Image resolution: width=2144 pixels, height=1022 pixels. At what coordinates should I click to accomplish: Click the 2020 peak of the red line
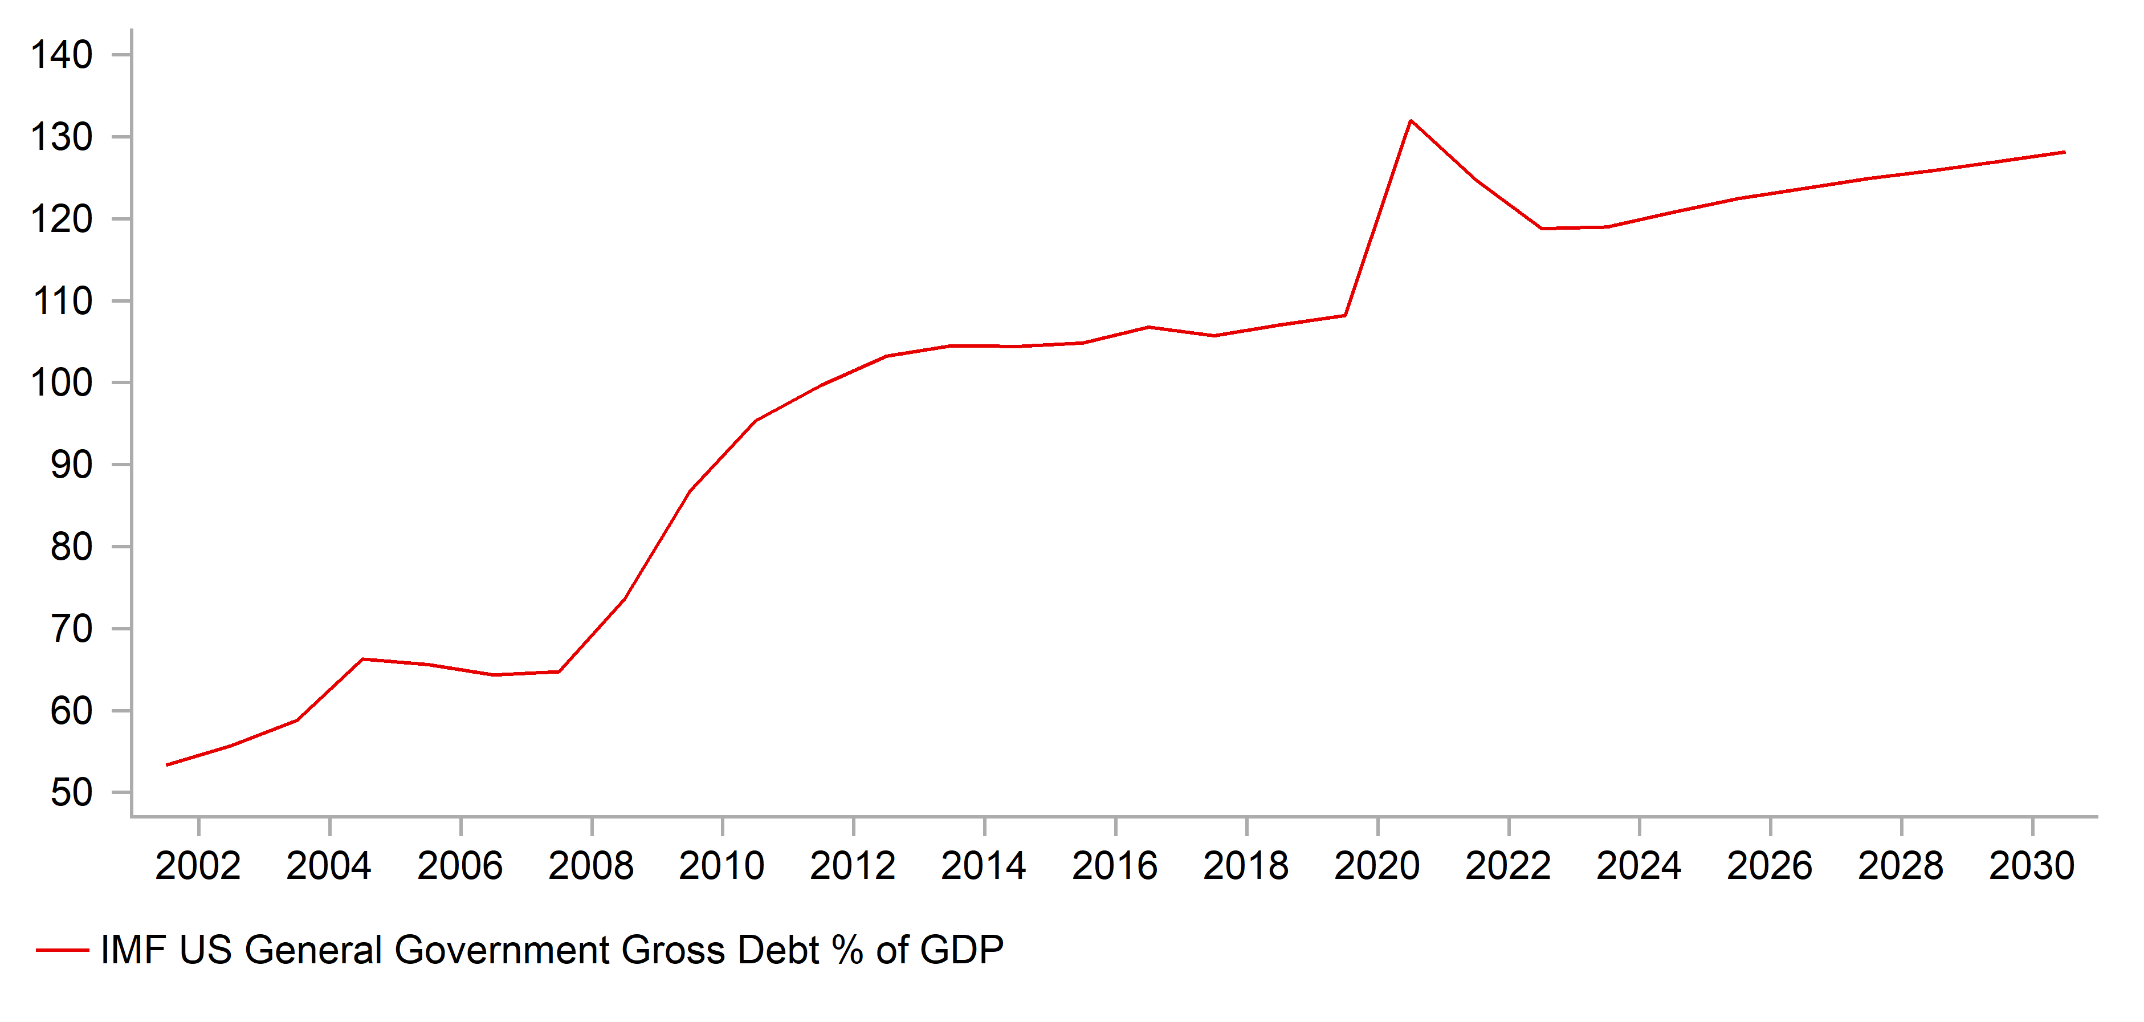1410,121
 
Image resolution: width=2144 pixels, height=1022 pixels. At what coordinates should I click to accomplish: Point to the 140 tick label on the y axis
62,55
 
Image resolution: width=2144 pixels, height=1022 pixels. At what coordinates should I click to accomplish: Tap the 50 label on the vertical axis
72,792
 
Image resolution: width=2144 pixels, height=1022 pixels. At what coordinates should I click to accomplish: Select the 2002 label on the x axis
198,866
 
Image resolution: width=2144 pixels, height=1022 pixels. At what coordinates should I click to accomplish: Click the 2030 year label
2032,866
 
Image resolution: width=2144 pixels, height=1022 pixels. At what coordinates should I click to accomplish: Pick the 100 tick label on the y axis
62,383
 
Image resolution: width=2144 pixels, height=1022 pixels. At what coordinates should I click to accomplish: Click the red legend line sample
63,950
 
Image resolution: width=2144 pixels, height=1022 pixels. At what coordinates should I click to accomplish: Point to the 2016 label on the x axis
1114,866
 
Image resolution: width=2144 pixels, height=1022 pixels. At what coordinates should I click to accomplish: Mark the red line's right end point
2064,152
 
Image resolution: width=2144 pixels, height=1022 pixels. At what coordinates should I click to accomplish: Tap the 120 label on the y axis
62,219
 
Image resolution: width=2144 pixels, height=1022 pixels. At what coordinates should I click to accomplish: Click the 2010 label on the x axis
722,866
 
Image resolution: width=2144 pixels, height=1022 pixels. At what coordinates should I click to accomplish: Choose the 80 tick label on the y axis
72,547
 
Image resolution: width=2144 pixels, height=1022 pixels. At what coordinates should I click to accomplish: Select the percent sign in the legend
847,950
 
